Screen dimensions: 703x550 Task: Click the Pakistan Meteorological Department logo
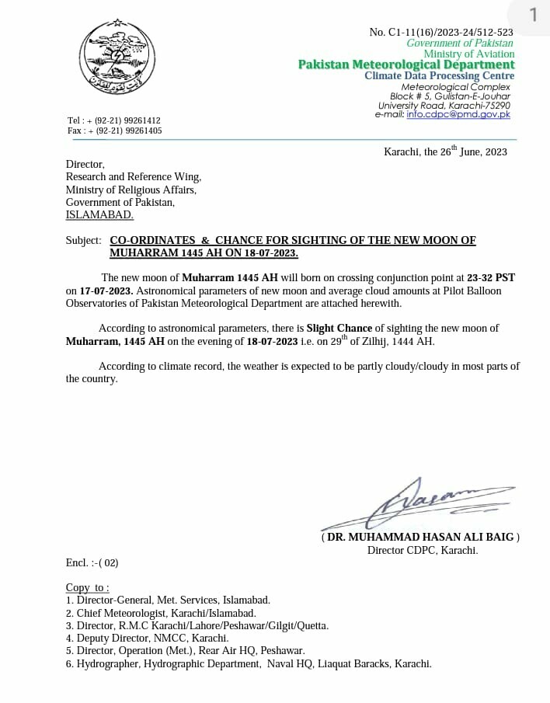click(x=118, y=55)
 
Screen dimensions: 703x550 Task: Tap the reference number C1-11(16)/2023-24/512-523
click(x=441, y=32)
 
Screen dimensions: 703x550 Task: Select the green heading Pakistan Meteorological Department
click(x=406, y=65)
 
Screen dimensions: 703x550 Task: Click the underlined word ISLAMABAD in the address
click(x=99, y=215)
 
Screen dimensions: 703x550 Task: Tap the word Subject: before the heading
click(x=83, y=241)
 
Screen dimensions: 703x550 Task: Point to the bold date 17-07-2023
click(x=106, y=291)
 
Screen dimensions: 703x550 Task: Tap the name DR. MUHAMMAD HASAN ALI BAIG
click(x=420, y=537)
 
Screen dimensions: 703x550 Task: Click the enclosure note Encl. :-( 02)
click(x=92, y=562)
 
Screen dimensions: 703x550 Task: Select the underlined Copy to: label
click(x=87, y=587)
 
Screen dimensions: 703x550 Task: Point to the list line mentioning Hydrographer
click(x=249, y=663)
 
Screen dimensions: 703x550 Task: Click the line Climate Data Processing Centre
click(x=439, y=76)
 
